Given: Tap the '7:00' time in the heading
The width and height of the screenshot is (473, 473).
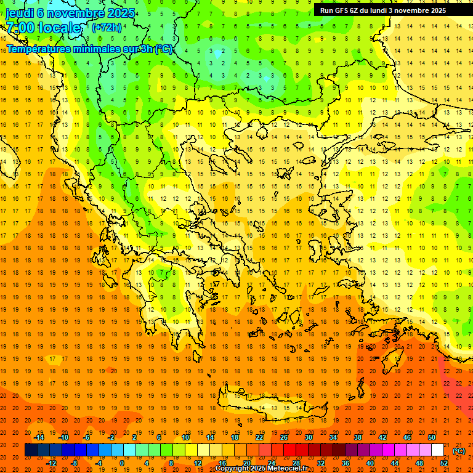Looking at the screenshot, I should (x=21, y=28).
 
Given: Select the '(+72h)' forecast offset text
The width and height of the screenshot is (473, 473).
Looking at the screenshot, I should (x=107, y=28).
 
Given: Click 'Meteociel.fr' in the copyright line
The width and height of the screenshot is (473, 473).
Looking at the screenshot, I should (x=295, y=469).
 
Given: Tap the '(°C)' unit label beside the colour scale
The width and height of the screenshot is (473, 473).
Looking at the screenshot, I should (x=459, y=451).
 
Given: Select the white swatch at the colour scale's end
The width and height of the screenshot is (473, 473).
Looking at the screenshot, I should (x=438, y=450).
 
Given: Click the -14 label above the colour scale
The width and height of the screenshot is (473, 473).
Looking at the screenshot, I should (x=41, y=438).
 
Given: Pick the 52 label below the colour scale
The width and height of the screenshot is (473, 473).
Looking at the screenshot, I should (x=444, y=463).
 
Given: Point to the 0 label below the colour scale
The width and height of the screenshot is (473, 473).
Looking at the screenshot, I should (x=121, y=463).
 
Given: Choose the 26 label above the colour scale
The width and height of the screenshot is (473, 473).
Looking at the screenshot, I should (x=283, y=438).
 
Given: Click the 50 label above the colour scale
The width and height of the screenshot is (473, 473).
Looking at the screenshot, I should (x=432, y=438).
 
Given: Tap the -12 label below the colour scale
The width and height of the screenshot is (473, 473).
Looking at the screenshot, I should (x=52, y=463).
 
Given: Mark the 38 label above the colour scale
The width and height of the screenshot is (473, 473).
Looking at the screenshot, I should (x=358, y=438).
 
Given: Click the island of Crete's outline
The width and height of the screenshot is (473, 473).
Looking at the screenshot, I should (x=271, y=406).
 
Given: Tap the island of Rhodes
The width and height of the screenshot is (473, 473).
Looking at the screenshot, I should (x=395, y=357).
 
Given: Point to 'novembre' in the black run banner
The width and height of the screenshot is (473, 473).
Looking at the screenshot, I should (x=421, y=10).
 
